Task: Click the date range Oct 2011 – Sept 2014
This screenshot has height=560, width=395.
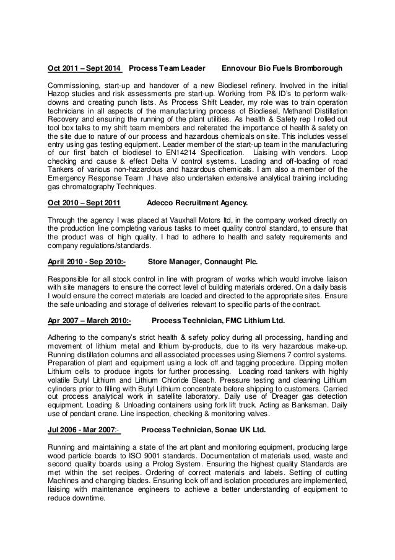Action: [85, 67]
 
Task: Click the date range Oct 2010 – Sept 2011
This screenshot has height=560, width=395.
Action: [84, 202]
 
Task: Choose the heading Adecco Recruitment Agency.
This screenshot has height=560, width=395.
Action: [198, 202]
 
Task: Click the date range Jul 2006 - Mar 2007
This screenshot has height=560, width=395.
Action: [82, 429]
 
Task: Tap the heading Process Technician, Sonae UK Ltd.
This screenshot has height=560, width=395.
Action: [204, 429]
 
